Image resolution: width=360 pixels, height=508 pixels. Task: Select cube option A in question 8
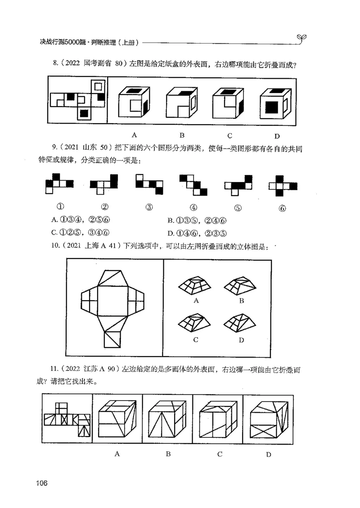[x=134, y=102]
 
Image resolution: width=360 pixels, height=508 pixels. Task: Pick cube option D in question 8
[x=274, y=102]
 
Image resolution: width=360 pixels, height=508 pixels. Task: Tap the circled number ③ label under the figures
[x=149, y=207]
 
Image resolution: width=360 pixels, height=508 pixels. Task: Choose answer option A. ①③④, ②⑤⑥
[x=81, y=220]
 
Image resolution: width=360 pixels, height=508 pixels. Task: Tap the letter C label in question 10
[x=196, y=340]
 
